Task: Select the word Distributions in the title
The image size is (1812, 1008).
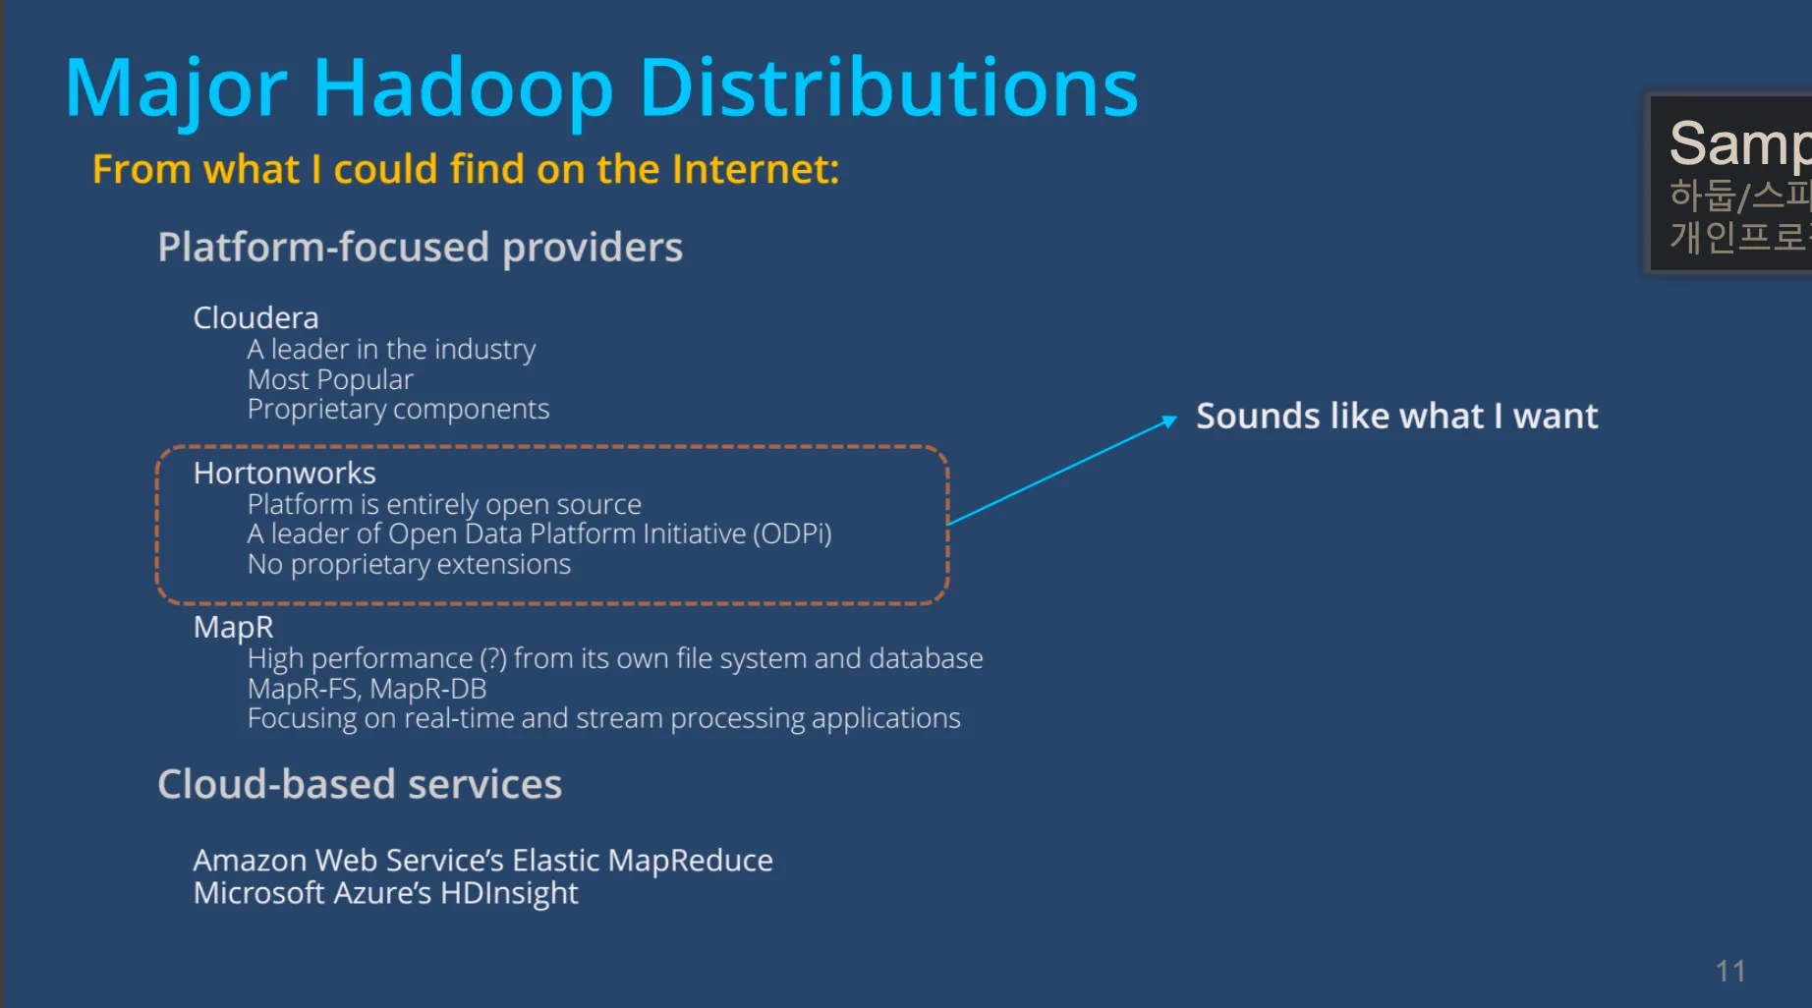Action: coord(888,88)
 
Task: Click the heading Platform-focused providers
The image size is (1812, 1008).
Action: coord(420,248)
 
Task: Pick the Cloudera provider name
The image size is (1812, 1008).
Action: coord(255,318)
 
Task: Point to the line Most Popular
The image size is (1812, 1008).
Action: coord(330,379)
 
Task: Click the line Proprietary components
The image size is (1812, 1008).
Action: coord(398,409)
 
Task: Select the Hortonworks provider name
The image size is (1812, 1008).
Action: coord(284,474)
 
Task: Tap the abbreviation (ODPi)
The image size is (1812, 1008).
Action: coord(792,533)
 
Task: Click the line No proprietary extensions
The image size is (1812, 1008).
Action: coord(409,564)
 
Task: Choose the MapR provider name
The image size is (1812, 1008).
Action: coord(233,627)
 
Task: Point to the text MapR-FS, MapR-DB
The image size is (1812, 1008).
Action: coord(367,689)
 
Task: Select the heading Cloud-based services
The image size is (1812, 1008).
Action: coord(360,784)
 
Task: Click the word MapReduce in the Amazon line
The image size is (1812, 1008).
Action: coord(690,861)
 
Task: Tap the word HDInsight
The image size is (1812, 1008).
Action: coord(509,893)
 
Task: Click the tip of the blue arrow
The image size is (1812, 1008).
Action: coord(1174,418)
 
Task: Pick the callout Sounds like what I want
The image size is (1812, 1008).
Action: coord(1396,417)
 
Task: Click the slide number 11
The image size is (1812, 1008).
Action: coord(1730,972)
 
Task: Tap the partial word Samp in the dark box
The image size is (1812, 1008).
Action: coord(1737,143)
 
